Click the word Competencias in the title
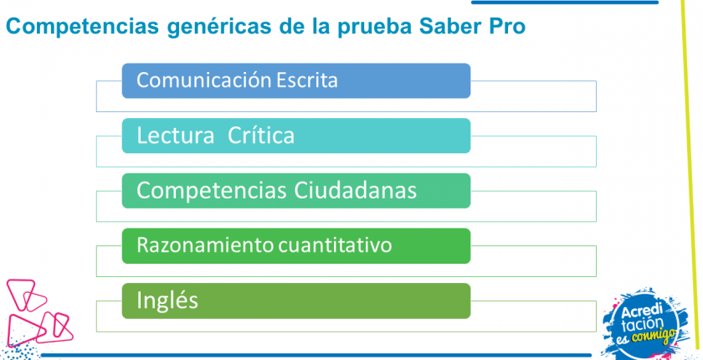[x=83, y=27]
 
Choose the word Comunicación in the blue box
[x=203, y=80]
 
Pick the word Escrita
[x=306, y=80]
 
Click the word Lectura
[x=175, y=136]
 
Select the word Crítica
[x=261, y=136]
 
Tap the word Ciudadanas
[x=356, y=191]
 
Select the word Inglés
[x=167, y=301]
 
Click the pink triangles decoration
[x=39, y=311]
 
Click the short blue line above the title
[x=564, y=3]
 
